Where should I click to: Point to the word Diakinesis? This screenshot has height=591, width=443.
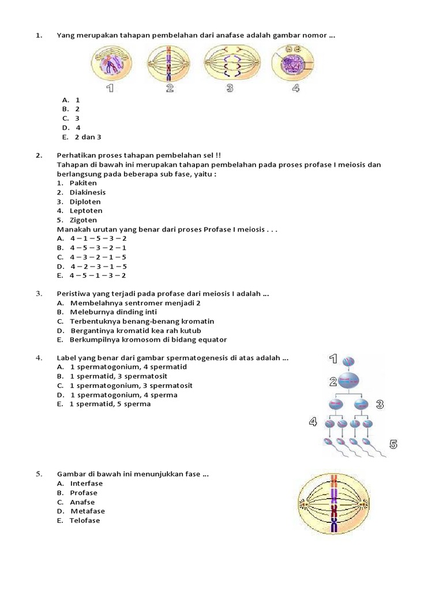88,192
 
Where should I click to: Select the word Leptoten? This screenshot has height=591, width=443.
86,211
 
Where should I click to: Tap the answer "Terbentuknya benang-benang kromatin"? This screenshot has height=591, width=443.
142,321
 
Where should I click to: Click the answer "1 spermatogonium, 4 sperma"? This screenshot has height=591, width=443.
123,395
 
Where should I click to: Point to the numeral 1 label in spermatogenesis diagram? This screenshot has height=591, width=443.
333,360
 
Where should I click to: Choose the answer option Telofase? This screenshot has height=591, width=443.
85,521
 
